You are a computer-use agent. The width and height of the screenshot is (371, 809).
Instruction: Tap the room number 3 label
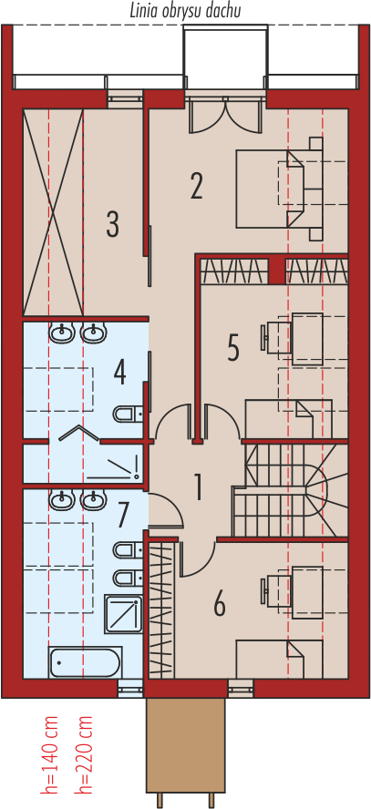point(112,224)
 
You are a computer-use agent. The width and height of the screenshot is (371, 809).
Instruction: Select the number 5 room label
point(233,348)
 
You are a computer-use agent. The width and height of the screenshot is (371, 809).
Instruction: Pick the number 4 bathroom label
point(119,373)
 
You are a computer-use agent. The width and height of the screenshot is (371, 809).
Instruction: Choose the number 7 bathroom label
point(122,515)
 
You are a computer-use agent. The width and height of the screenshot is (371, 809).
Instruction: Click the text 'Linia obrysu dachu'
point(185,11)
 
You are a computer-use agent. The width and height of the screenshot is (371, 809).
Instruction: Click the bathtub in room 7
point(85,661)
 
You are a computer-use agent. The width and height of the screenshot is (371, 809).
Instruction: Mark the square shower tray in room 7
point(123,613)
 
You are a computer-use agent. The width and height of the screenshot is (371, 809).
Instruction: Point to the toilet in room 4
point(128,414)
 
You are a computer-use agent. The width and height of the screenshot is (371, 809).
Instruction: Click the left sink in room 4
point(62,332)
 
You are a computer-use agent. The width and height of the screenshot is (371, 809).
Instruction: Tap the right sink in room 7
point(93,499)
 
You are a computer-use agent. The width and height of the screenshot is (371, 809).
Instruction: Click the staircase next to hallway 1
point(291,491)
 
